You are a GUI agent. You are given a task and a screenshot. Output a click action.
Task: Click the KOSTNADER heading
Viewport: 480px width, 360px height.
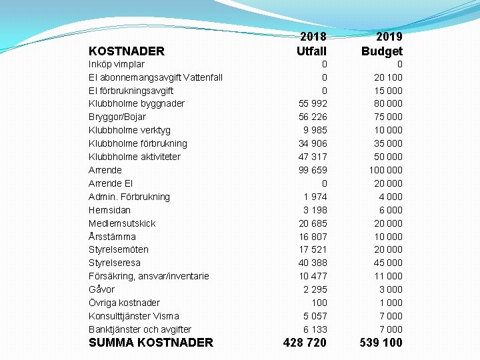click(126, 51)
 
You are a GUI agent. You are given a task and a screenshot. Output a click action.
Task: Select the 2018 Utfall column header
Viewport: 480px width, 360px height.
click(311, 44)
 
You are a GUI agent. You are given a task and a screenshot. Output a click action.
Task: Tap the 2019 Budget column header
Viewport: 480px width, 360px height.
click(382, 44)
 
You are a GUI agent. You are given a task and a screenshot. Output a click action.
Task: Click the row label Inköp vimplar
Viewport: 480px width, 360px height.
click(117, 65)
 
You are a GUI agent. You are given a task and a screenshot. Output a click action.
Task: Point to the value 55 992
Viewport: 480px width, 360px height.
click(313, 104)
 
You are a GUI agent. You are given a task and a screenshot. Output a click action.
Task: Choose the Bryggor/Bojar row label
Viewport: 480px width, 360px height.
click(117, 117)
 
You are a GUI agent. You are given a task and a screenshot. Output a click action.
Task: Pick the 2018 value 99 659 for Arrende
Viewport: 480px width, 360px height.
click(313, 170)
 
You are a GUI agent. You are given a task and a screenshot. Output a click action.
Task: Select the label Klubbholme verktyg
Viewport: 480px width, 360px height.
click(129, 131)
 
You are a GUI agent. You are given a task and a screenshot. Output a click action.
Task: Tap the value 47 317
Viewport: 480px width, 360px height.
click(313, 157)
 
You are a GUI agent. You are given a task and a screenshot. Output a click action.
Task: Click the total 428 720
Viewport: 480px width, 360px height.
click(305, 343)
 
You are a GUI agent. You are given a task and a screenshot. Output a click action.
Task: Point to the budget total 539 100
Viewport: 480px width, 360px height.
click(381, 343)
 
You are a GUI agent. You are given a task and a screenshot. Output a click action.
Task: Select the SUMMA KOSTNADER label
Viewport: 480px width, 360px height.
click(151, 343)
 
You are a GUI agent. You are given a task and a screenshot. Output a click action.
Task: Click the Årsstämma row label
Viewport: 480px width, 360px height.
click(112, 237)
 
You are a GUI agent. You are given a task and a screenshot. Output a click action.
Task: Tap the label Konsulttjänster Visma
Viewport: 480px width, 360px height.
click(134, 316)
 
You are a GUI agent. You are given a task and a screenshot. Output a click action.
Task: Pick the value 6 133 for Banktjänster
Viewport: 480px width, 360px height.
click(315, 329)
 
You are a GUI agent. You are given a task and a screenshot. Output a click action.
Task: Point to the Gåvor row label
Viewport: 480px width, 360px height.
click(101, 289)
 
